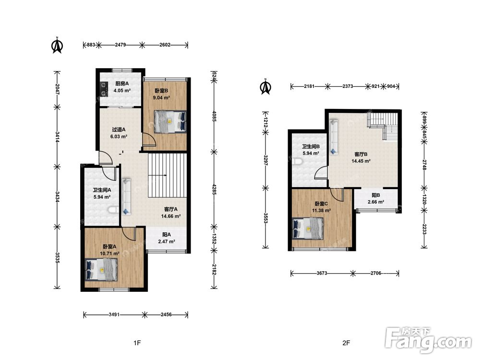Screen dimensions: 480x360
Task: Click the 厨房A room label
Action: [x=122, y=84]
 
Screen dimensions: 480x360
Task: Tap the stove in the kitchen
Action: [x=104, y=88]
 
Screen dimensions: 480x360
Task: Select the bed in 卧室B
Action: [x=170, y=121]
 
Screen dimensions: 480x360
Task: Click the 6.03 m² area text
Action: [x=119, y=136]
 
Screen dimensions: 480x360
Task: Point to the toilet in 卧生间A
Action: [x=114, y=210]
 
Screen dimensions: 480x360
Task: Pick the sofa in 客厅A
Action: [x=126, y=197]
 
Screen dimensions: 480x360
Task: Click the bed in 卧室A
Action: [x=101, y=270]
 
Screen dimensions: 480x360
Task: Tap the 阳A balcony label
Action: [x=167, y=235]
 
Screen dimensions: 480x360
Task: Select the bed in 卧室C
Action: [x=308, y=228]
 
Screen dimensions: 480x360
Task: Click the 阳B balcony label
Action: [x=376, y=195]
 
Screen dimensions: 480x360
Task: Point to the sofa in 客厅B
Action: [x=334, y=136]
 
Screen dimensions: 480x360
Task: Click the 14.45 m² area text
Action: [x=361, y=161]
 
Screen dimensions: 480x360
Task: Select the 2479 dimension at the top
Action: [x=120, y=45]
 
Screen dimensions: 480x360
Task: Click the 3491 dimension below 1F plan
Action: [x=114, y=314]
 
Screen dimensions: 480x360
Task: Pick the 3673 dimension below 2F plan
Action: [x=322, y=273]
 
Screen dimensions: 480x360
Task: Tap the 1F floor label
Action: [x=137, y=343]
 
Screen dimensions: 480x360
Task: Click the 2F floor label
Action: [x=346, y=343]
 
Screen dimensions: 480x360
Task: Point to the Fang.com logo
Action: [x=428, y=340]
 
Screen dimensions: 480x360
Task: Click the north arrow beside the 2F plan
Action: [x=265, y=86]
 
